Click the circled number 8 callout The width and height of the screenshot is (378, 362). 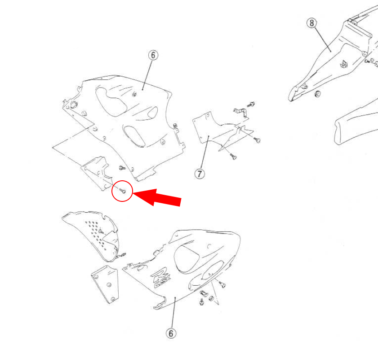[x=312, y=23]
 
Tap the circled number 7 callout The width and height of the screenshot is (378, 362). [x=200, y=174]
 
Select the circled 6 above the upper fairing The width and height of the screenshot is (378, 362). [x=153, y=55]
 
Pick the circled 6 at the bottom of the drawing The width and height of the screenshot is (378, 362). [x=171, y=333]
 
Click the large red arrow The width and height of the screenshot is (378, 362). [x=157, y=197]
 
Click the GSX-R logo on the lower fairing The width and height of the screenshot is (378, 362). [x=161, y=277]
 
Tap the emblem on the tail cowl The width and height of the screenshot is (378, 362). [x=344, y=64]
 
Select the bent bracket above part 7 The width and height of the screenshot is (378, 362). [x=241, y=113]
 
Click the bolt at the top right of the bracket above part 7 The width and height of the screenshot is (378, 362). [x=251, y=105]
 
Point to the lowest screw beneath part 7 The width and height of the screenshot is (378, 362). [x=233, y=157]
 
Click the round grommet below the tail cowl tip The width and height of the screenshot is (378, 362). [x=318, y=94]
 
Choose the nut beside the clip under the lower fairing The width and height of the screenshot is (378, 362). [x=211, y=299]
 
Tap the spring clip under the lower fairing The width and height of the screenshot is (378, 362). [x=204, y=293]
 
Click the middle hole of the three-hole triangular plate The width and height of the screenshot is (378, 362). [x=109, y=285]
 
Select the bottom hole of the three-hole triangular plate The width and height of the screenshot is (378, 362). [x=112, y=299]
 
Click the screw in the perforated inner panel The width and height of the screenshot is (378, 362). [x=101, y=231]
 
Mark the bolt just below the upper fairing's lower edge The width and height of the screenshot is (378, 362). [x=122, y=168]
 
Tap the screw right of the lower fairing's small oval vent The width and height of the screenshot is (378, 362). [x=222, y=285]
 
